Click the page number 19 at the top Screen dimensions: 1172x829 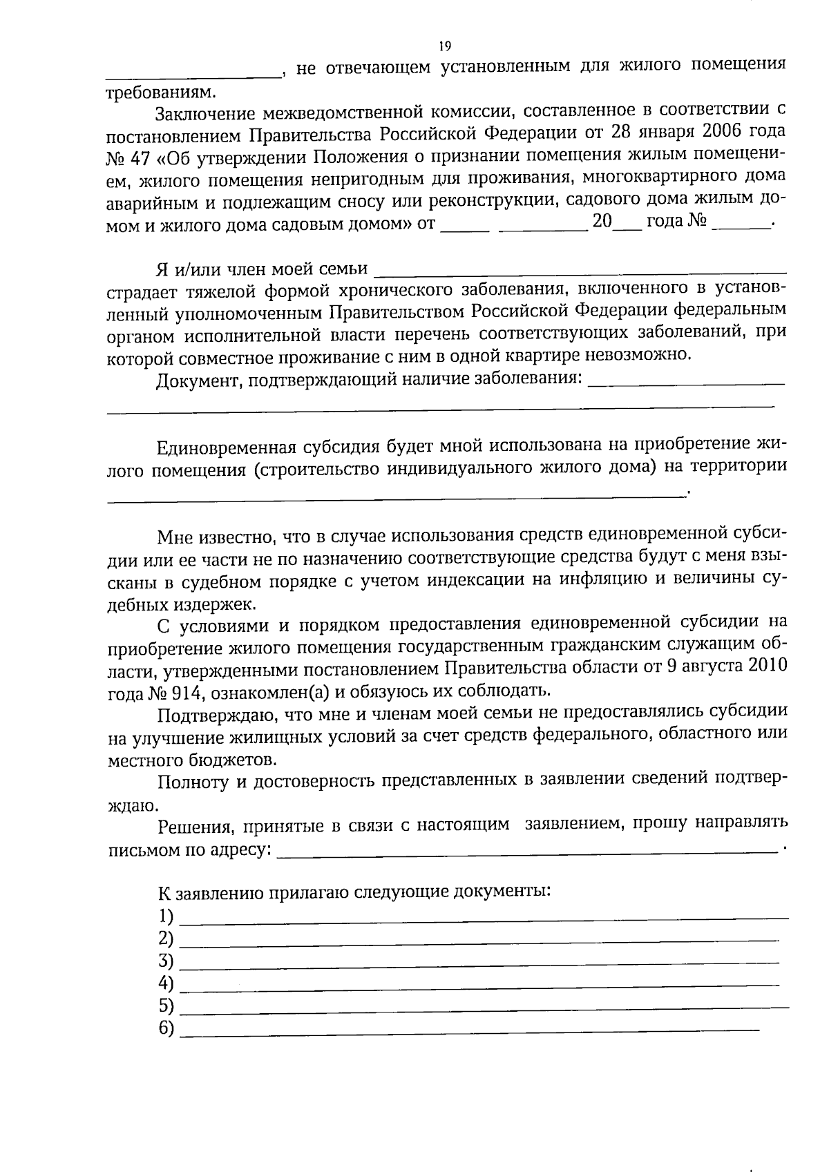click(444, 46)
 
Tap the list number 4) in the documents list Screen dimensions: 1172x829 click(166, 983)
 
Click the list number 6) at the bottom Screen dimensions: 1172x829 click(166, 1028)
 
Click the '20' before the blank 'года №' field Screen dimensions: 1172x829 click(602, 222)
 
